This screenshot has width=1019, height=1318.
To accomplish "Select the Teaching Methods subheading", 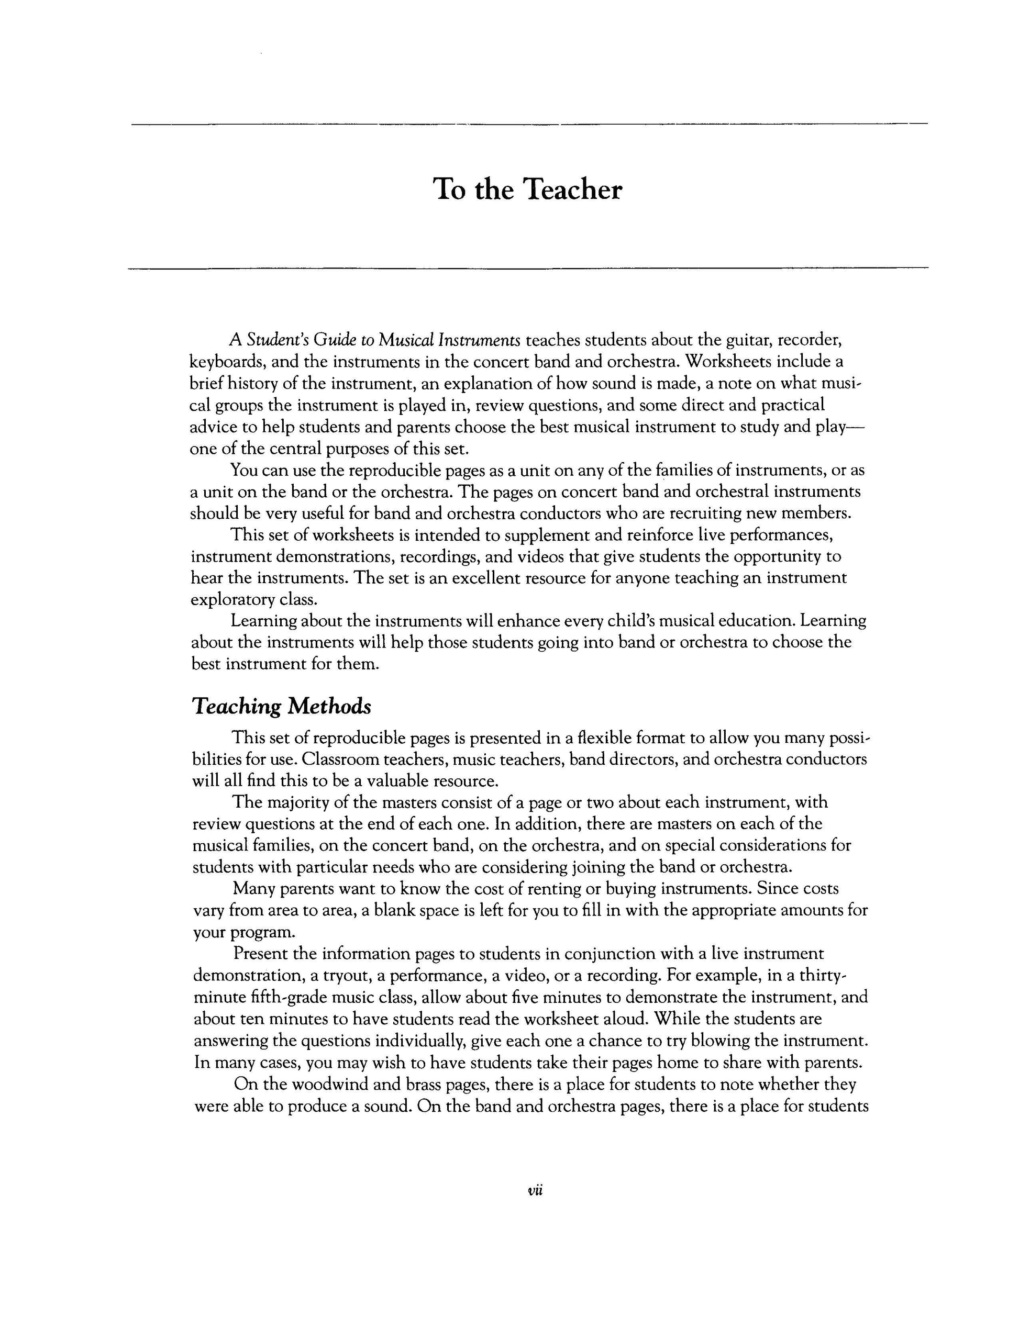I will pyautogui.click(x=281, y=706).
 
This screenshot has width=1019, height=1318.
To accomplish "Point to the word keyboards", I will pyautogui.click(x=225, y=362).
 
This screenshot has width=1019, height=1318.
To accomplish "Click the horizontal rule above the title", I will pyautogui.click(x=529, y=125).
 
